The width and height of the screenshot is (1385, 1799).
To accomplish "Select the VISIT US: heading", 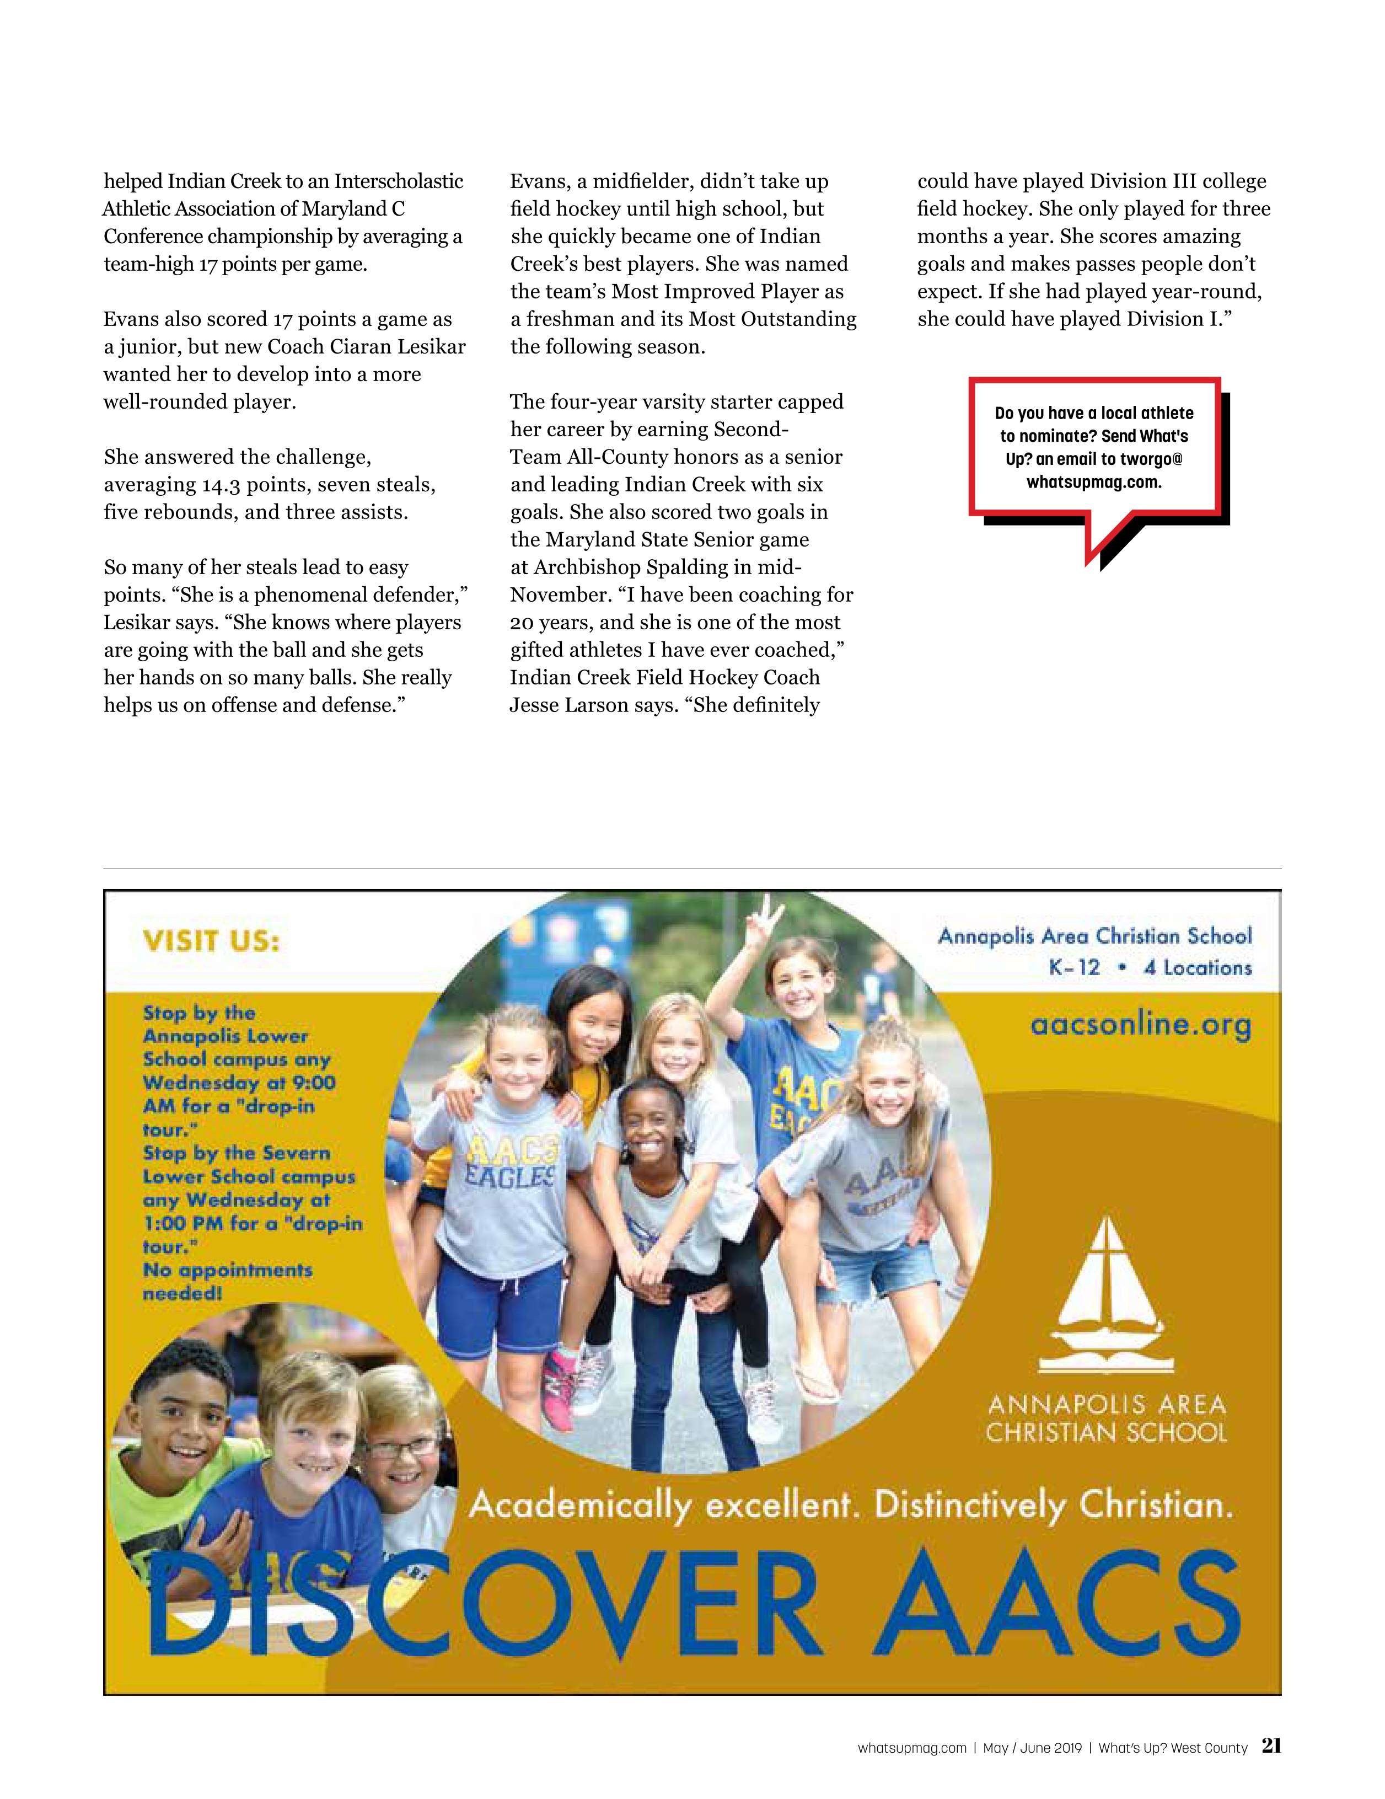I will [212, 941].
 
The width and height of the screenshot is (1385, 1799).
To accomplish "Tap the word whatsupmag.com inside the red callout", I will [1093, 482].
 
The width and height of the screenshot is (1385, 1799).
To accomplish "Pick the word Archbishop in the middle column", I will [588, 567].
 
